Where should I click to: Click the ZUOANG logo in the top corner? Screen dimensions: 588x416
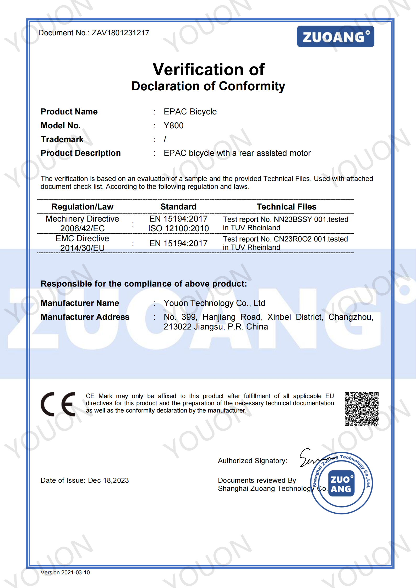(335, 36)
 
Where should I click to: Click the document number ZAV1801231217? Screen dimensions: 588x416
(120, 33)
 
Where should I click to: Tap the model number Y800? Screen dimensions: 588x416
(173, 125)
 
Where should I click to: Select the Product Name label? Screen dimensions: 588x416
(69, 112)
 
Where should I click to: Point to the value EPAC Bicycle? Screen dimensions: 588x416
(190, 112)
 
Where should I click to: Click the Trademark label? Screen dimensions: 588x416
(62, 139)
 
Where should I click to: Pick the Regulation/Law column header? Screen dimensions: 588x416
(82, 207)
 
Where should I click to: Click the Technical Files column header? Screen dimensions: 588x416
(286, 207)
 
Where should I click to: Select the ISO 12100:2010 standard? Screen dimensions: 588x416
(178, 228)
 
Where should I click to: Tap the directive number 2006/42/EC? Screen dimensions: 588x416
(82, 228)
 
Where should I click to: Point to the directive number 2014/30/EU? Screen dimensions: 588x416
(82, 248)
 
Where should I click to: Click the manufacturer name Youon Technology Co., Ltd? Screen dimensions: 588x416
(214, 303)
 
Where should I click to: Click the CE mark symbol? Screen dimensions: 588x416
(58, 404)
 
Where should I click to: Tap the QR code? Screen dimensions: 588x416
(362, 409)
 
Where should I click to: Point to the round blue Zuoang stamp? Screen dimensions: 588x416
(341, 483)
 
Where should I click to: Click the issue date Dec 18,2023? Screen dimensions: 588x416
(108, 480)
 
